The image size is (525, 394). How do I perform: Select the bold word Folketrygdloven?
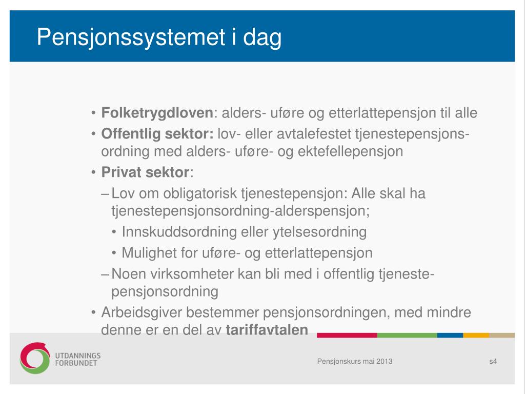pyautogui.click(x=157, y=113)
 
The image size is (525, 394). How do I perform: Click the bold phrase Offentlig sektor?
pyautogui.click(x=157, y=134)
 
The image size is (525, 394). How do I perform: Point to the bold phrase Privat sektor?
pyautogui.click(x=145, y=172)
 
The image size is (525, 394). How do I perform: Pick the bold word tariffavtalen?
pyautogui.click(x=267, y=330)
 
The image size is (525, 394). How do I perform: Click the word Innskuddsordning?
pyautogui.click(x=179, y=232)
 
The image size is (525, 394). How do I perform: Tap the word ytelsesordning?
pyautogui.click(x=320, y=232)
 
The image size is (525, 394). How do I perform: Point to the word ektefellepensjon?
pyautogui.click(x=350, y=151)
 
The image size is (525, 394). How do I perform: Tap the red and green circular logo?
pyautogui.click(x=34, y=358)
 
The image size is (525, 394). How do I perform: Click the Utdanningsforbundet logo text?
pyautogui.click(x=78, y=359)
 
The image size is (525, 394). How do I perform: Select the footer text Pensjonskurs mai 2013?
pyautogui.click(x=355, y=361)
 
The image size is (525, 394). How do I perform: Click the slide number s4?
pyautogui.click(x=493, y=361)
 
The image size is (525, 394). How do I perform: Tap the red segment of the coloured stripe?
pyautogui.click(x=347, y=336)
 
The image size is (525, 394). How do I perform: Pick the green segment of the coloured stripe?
pyautogui.click(x=407, y=336)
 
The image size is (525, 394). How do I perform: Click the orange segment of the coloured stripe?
pyautogui.click(x=476, y=336)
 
